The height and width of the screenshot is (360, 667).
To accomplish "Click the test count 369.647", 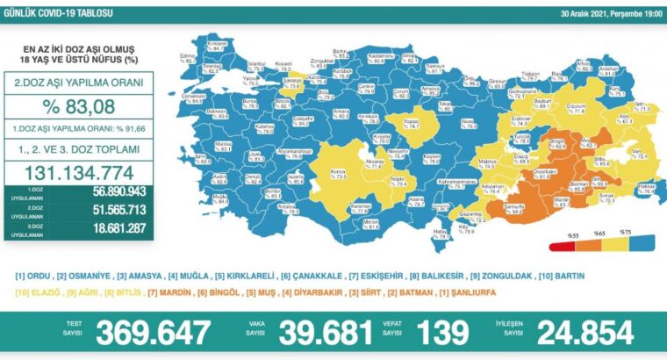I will tap(154, 333).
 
